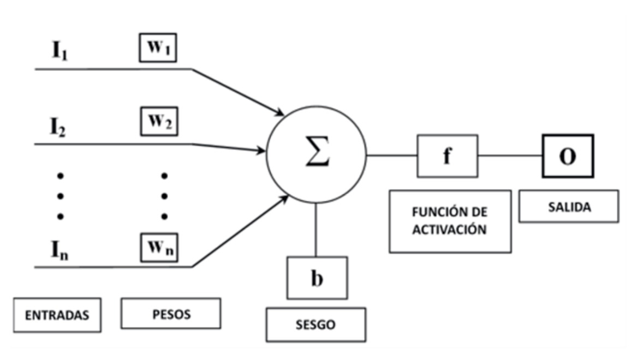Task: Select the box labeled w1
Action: pyautogui.click(x=158, y=47)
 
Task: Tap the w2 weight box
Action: pyautogui.click(x=158, y=123)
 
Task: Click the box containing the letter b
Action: pyautogui.click(x=317, y=278)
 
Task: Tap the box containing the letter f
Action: pyautogui.click(x=448, y=156)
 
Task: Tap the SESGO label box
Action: pyautogui.click(x=316, y=325)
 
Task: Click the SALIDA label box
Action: pyautogui.click(x=568, y=206)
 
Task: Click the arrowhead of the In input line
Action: pyautogui.click(x=283, y=197)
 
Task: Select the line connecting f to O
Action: pyautogui.click(x=510, y=156)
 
